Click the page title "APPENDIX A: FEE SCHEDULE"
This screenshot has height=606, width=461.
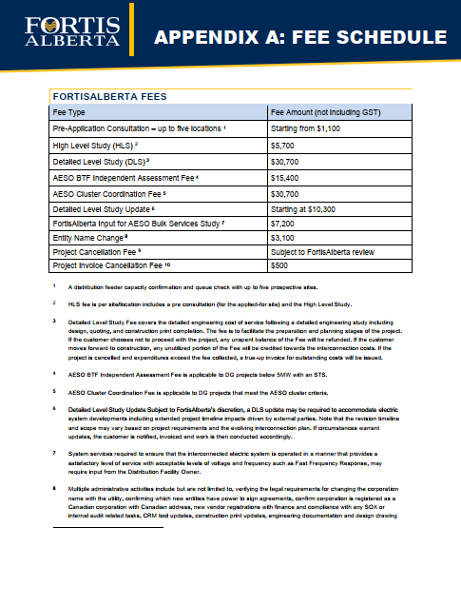click(x=299, y=37)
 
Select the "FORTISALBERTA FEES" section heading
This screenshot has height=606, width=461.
click(x=110, y=96)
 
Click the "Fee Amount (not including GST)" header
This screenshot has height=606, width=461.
click(x=327, y=111)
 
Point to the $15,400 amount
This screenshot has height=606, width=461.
click(x=288, y=177)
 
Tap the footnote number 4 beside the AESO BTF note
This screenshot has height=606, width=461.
click(x=55, y=375)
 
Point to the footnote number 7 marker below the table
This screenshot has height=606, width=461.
click(x=55, y=456)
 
